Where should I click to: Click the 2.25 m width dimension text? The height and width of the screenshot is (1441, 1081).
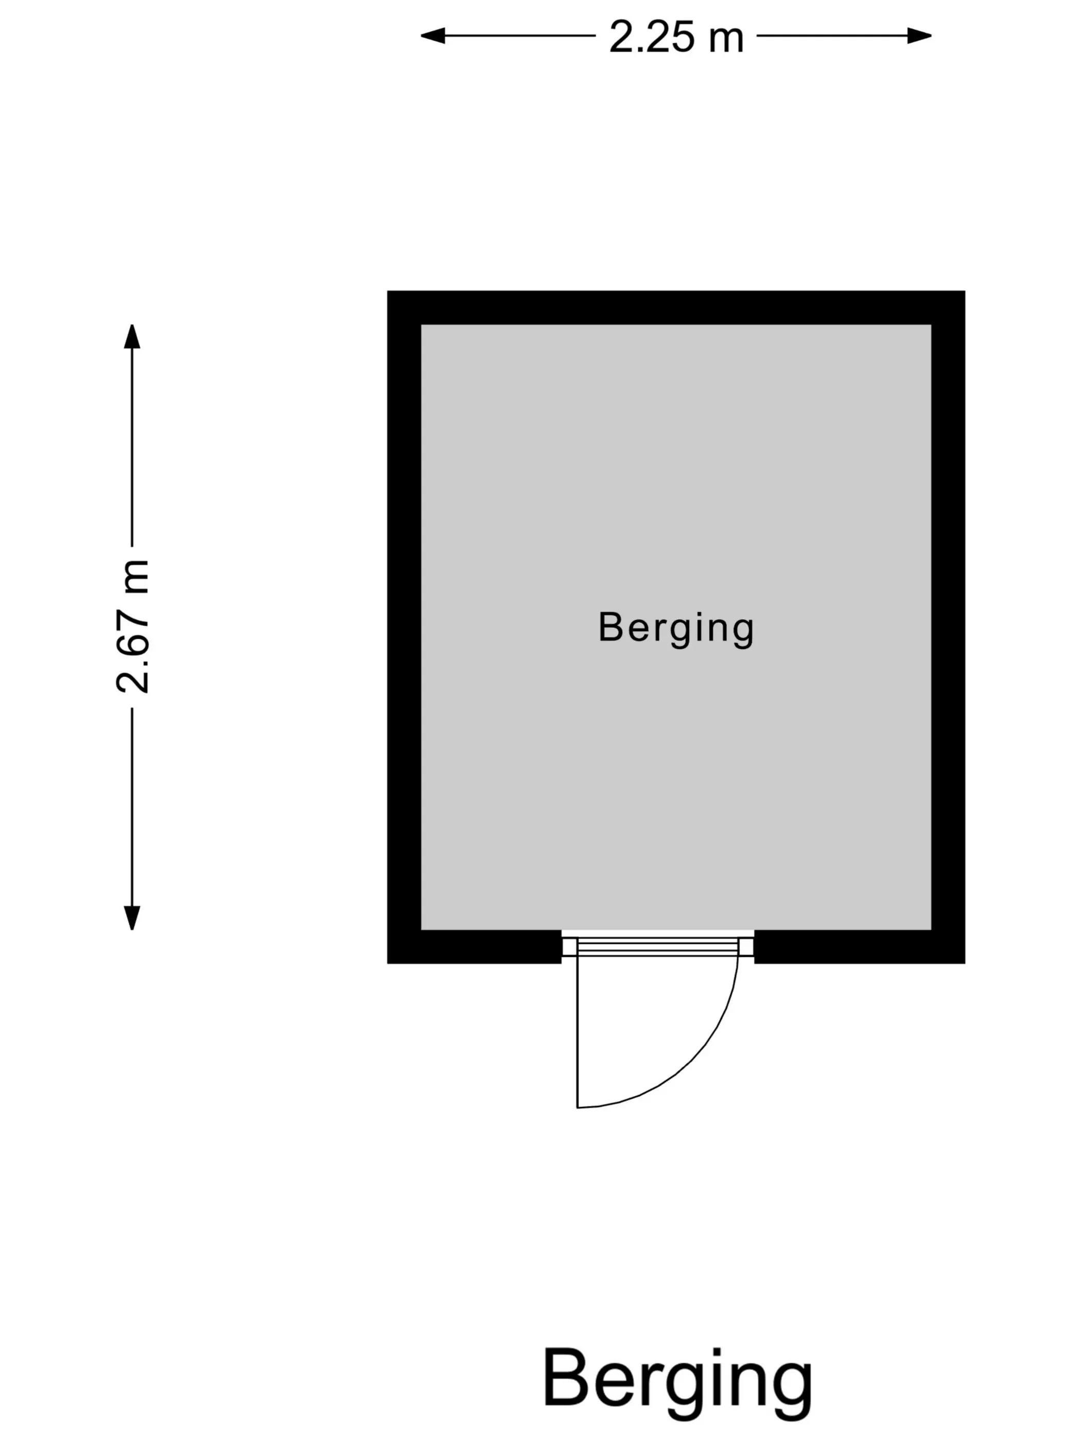pyautogui.click(x=676, y=37)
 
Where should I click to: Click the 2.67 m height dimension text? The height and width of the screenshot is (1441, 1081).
pyautogui.click(x=133, y=626)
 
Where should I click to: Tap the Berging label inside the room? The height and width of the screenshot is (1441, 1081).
pyautogui.click(x=676, y=628)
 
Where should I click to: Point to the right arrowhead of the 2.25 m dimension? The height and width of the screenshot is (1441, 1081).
pyautogui.click(x=919, y=36)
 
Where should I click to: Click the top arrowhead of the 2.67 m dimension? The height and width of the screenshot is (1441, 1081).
pyautogui.click(x=132, y=336)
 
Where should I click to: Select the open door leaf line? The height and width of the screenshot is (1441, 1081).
pyautogui.click(x=578, y=1031)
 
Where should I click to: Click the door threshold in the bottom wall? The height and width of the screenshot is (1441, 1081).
pyautogui.click(x=657, y=946)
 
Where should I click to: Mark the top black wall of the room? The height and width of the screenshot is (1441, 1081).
pyautogui.click(x=676, y=307)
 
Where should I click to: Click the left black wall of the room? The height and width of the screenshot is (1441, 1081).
pyautogui.click(x=404, y=627)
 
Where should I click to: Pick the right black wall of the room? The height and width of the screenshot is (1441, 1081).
pyautogui.click(x=948, y=627)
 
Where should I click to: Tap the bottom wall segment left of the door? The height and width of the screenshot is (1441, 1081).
pyautogui.click(x=475, y=946)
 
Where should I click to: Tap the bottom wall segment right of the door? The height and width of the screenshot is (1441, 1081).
pyautogui.click(x=860, y=946)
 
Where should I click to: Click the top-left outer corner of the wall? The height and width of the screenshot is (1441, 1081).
pyautogui.click(x=388, y=291)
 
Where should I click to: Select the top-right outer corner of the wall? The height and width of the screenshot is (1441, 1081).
pyautogui.click(x=964, y=291)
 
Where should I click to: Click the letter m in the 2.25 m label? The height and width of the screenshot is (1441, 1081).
pyautogui.click(x=726, y=41)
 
